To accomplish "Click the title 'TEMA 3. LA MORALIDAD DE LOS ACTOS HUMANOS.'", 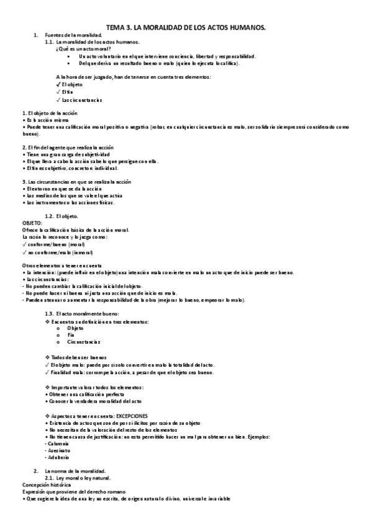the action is (x=186, y=27).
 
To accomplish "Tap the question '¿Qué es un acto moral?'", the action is (x=83, y=48).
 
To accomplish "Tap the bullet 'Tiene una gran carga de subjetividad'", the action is (x=61, y=154).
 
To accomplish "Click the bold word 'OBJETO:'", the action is (x=32, y=222).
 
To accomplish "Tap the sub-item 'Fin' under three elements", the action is (x=71, y=335).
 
